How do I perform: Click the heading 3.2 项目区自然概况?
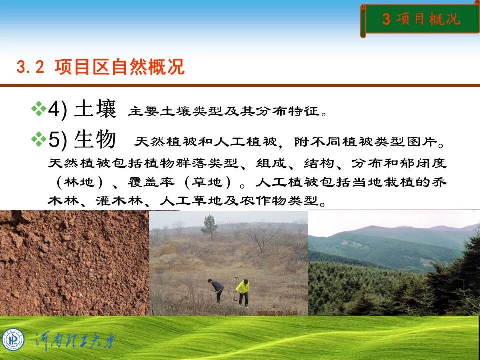coord(100,67)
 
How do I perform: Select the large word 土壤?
coord(95,109)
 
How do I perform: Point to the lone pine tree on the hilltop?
coord(210,226)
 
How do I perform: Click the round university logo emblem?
coord(13,340)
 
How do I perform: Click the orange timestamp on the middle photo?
coord(278,313)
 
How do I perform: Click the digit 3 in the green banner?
coord(386,20)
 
